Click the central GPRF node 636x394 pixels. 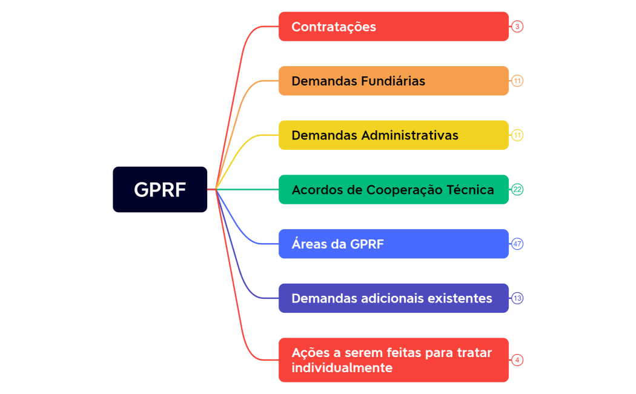(160, 190)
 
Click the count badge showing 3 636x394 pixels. (517, 27)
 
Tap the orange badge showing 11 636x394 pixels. (517, 81)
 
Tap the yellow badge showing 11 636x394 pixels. (517, 135)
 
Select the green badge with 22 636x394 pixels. (517, 190)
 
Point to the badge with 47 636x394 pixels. (517, 244)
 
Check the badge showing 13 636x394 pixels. (517, 298)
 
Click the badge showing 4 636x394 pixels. (517, 360)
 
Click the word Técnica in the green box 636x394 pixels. (471, 190)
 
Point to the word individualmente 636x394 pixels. (342, 368)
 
